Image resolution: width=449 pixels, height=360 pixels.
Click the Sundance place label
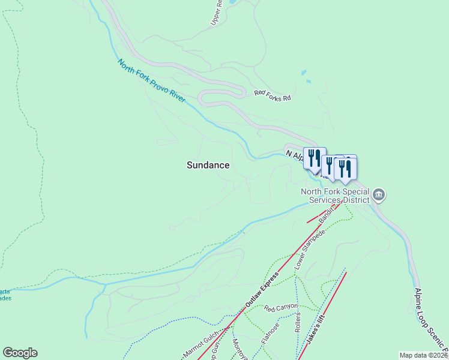tap(208, 165)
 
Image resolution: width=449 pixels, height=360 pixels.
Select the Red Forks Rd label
tap(273, 95)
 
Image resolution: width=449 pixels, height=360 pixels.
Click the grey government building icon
tap(379, 194)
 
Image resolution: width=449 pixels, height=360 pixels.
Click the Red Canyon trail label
tap(281, 307)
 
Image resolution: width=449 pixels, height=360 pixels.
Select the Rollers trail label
tap(298, 323)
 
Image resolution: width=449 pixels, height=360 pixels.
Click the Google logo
tap(20, 353)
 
